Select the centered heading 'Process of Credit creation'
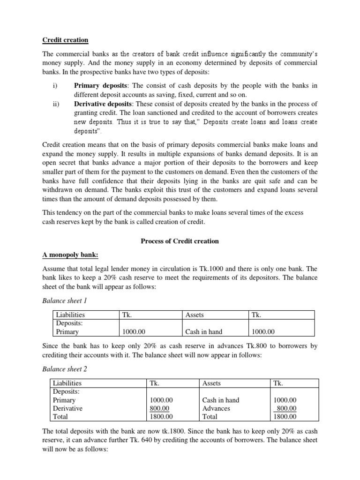pos(180,241)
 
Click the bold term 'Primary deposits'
pos(100,85)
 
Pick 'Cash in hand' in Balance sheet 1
pos(204,332)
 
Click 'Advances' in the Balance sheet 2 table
pos(216,408)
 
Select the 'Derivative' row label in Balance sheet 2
pos(68,408)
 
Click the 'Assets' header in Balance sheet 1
pos(195,315)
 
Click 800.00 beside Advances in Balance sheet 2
pos(285,408)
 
